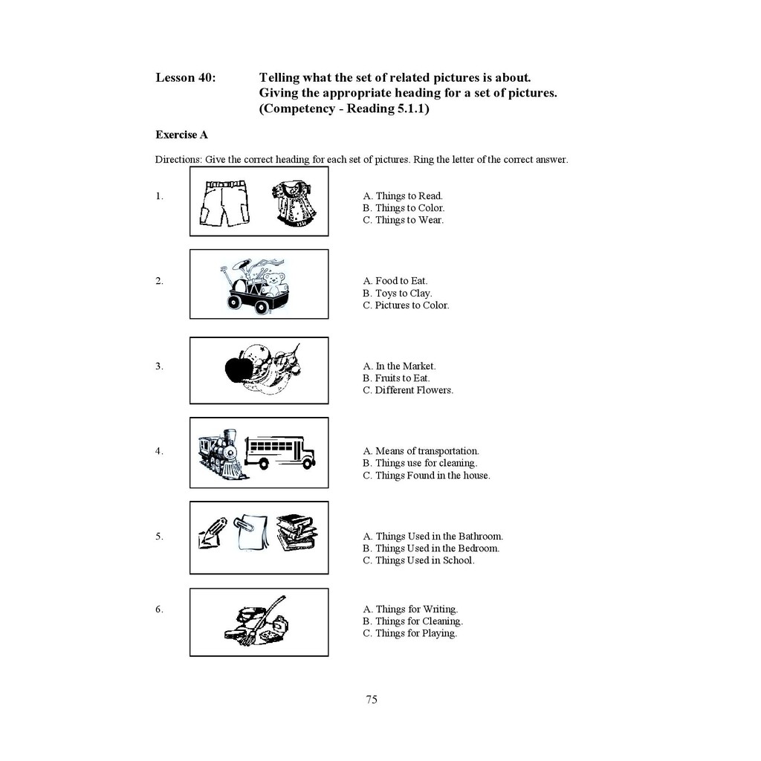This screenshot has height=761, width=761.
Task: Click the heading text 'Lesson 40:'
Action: tap(186, 77)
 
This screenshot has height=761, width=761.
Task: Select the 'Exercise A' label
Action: tap(181, 135)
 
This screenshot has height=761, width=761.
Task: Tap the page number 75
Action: tap(372, 699)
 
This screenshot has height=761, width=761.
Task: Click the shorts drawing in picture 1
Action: tap(224, 203)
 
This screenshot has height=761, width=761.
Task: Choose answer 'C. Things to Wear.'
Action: tap(403, 220)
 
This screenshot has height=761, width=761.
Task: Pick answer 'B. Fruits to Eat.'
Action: tap(396, 378)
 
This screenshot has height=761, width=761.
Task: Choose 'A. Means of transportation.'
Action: tap(421, 451)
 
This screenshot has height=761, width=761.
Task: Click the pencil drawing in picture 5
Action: tap(213, 531)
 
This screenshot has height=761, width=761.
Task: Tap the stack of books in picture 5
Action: tap(297, 532)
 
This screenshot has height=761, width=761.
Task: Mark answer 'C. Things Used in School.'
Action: tap(418, 560)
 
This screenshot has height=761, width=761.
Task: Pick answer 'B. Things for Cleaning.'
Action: tap(412, 621)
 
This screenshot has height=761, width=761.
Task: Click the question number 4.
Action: tap(159, 451)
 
